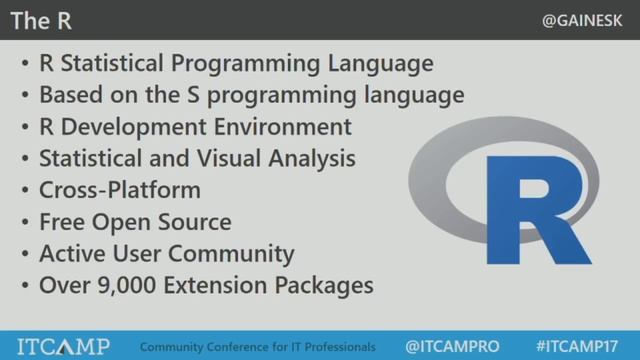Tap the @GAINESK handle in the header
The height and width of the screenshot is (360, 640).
pyautogui.click(x=587, y=20)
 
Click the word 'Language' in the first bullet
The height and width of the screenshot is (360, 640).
pyautogui.click(x=385, y=63)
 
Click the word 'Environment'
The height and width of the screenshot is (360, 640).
pyautogui.click(x=285, y=127)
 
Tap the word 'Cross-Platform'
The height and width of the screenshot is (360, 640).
pyautogui.click(x=119, y=190)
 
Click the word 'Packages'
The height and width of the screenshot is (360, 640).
pyautogui.click(x=322, y=285)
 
